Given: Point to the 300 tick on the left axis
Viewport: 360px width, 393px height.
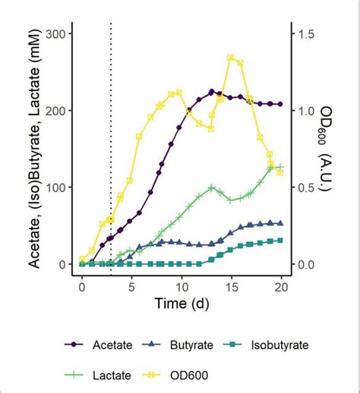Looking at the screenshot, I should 54,33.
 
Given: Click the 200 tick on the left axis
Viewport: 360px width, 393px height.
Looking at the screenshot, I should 54,111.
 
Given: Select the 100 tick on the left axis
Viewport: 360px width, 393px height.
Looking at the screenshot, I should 54,187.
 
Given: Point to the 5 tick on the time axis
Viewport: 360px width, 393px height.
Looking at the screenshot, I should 131,289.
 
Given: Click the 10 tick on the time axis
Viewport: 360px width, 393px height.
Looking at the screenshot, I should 181,289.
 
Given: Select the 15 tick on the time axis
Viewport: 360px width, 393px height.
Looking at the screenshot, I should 231,289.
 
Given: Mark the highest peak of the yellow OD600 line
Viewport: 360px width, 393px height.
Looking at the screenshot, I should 230,58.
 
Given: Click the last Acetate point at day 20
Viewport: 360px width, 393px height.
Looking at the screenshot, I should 280,104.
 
